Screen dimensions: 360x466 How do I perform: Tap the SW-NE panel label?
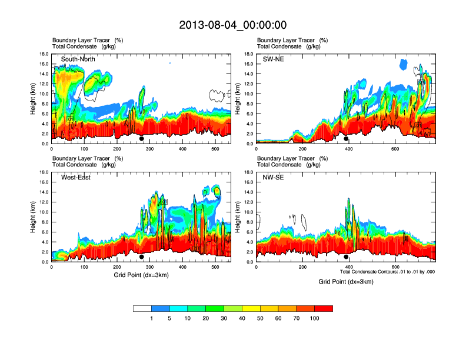coord(274,59)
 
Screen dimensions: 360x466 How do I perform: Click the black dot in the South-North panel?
coord(142,139)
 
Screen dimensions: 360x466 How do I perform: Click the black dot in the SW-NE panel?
coord(346,139)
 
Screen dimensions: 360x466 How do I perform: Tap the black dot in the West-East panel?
coord(142,257)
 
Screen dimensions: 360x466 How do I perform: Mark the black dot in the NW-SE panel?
coord(346,257)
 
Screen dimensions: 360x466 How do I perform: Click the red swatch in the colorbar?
coord(324,308)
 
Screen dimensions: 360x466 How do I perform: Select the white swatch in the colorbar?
coord(142,308)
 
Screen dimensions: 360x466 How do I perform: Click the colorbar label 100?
coord(315,318)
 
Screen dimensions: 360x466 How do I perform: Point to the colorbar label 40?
coord(242,318)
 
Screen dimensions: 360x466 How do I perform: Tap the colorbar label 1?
coord(151,318)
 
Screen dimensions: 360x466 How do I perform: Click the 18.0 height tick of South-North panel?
coord(44,54)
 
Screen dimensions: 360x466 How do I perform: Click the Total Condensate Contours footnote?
coord(387,272)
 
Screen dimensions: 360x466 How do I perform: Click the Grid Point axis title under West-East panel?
coord(141,275)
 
